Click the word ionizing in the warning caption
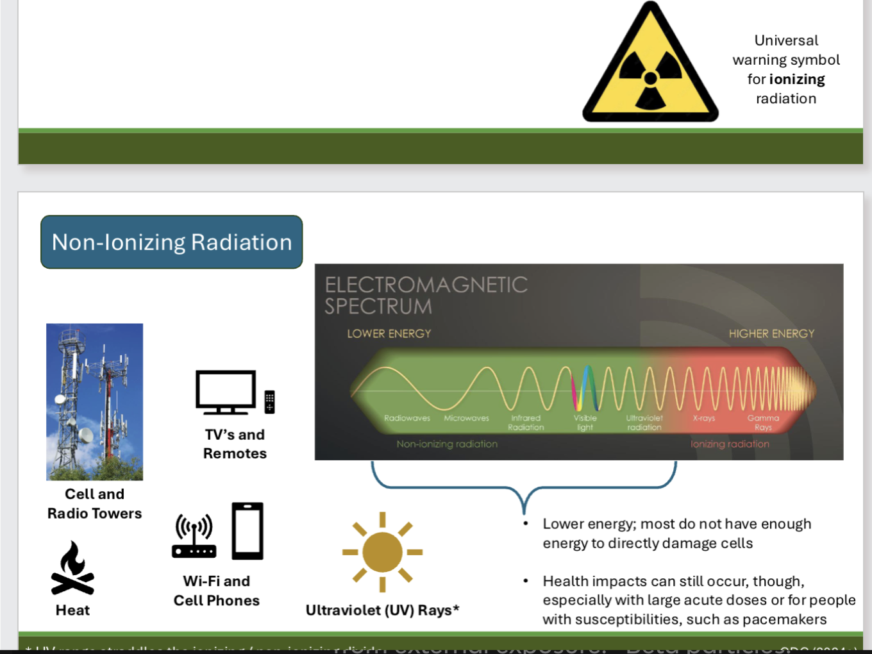pos(797,80)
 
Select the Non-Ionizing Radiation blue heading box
pos(172,242)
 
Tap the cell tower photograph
pos(95,402)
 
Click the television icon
pos(226,392)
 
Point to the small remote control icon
pos(270,402)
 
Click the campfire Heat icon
pos(72,569)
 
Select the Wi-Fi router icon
pos(194,537)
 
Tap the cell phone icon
pos(247,531)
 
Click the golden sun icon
pos(382,551)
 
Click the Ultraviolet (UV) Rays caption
pos(382,610)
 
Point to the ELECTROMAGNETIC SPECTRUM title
pos(426,296)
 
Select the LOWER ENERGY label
pos(389,333)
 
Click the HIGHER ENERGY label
pos(771,333)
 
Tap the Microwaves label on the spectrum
pos(466,418)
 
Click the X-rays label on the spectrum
pos(703,418)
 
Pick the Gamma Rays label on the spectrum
pos(763,423)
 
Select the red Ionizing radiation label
pos(730,444)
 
